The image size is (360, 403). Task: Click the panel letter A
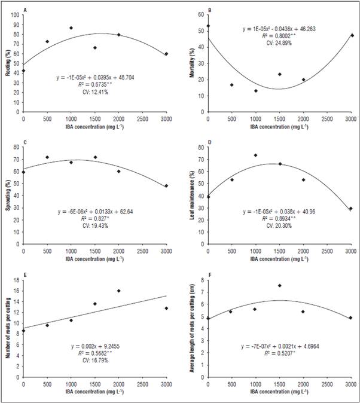[x=24, y=10]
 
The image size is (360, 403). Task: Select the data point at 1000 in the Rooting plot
[x=71, y=28]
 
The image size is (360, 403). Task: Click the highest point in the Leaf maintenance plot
[x=255, y=155]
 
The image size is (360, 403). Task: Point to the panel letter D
[x=209, y=142]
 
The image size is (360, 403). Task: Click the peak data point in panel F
[x=279, y=286]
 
